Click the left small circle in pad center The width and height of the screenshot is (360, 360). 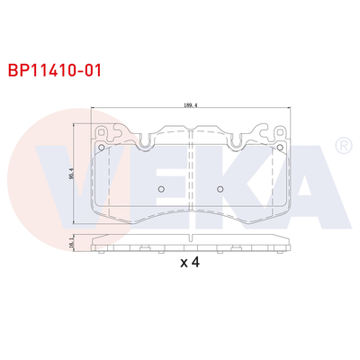pyautogui.click(x=159, y=190)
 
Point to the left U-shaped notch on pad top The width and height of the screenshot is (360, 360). pyautogui.click(x=143, y=139)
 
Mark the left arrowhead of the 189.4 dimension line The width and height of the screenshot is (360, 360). pyautogui.click(x=95, y=110)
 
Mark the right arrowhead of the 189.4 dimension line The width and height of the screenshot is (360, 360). pyautogui.click(x=288, y=110)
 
